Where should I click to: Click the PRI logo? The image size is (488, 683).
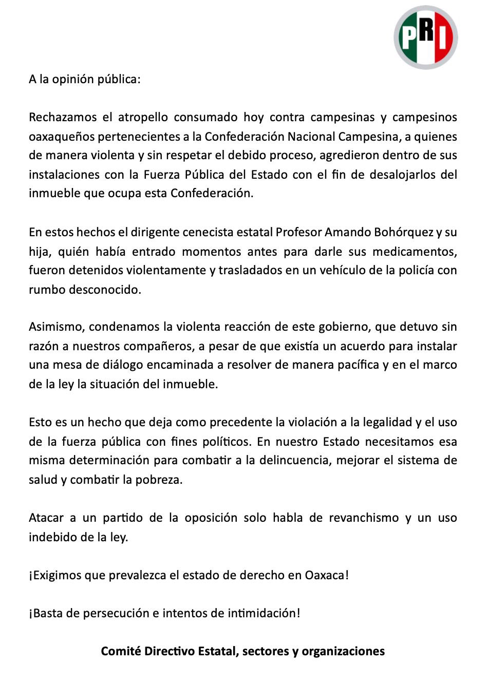[x=426, y=37]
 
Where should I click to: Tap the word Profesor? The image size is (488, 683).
[x=298, y=232]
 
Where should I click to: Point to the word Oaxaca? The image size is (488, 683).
[x=326, y=575]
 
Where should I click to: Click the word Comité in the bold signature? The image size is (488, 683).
[x=121, y=651]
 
